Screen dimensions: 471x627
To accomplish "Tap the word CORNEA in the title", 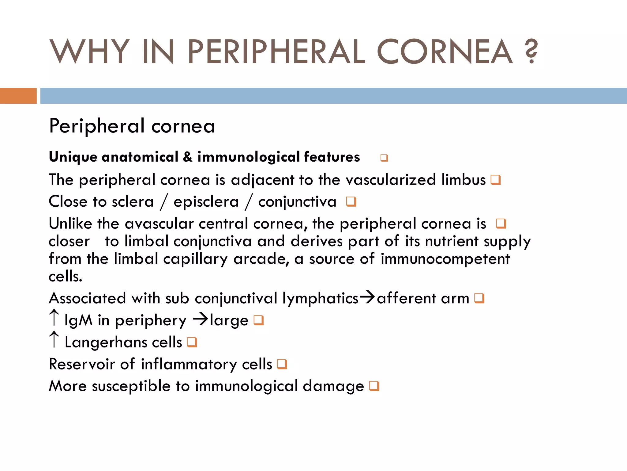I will [445, 52].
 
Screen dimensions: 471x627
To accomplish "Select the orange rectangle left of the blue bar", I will [18, 96].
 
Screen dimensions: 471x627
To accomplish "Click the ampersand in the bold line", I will [188, 157].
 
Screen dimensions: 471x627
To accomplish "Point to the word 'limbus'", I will [464, 180].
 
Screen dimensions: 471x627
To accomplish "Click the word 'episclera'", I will [206, 202].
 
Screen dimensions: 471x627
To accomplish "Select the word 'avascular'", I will [159, 224].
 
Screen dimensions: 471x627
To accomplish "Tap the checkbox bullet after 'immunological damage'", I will [374, 386].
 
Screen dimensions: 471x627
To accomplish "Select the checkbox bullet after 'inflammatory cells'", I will [282, 364].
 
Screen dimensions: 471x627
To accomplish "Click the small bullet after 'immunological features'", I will [384, 158].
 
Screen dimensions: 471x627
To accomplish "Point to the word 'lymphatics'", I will [320, 298].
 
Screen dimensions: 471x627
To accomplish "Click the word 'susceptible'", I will [131, 386].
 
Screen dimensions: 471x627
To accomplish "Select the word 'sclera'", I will [133, 202].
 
